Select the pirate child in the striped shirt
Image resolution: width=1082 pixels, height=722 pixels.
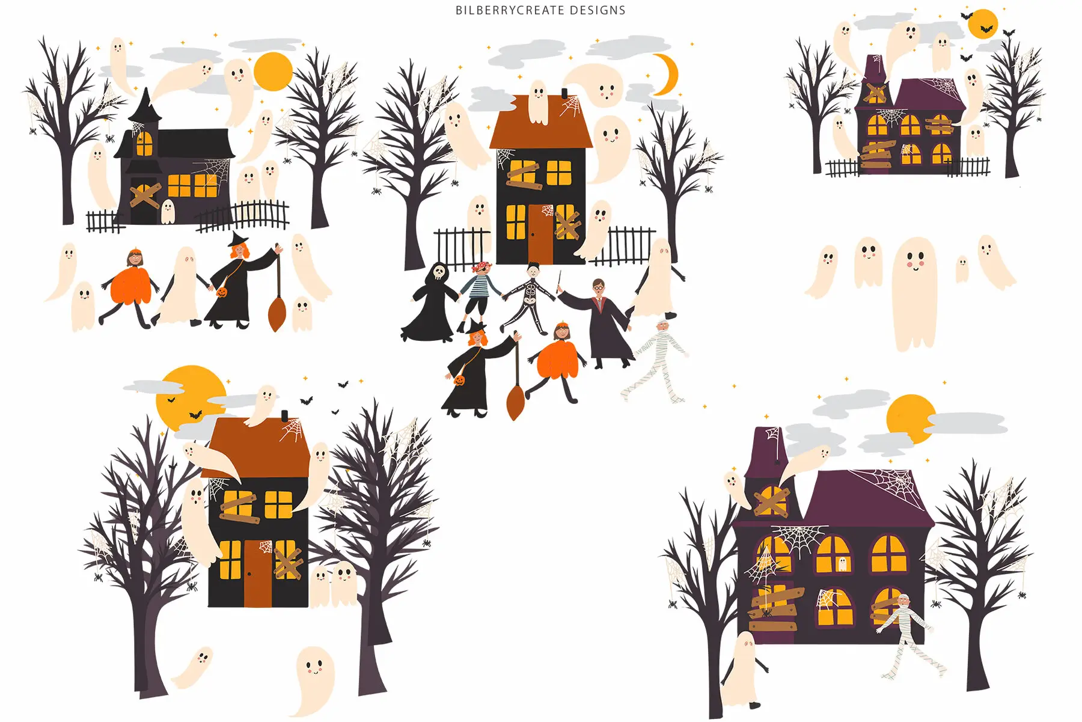click(481, 289)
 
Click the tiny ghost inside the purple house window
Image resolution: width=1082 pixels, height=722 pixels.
click(842, 564)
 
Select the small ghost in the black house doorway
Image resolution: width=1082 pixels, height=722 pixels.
click(168, 211)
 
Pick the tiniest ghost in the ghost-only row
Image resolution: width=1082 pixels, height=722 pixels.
click(962, 268)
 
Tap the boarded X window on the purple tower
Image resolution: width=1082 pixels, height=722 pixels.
click(771, 501)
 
